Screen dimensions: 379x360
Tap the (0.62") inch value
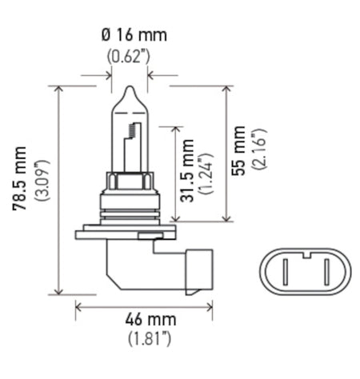point(129,57)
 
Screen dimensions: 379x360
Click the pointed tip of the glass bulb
point(128,89)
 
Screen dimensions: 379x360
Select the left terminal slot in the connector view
point(282,273)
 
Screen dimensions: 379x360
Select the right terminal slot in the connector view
point(326,273)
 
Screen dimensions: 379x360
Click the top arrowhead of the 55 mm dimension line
point(230,89)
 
